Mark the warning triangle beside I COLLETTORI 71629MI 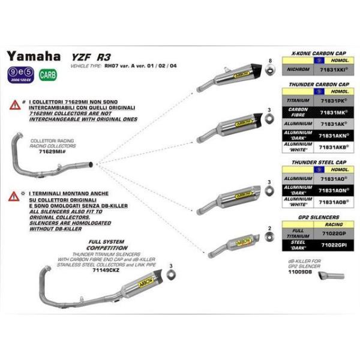coord(13,104)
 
